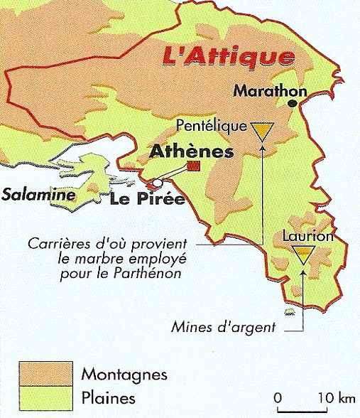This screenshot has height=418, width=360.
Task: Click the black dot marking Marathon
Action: point(292,104)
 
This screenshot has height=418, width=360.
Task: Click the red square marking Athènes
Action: point(193,167)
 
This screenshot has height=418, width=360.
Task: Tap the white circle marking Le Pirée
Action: point(157,183)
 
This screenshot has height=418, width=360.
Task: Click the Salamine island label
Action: point(29,194)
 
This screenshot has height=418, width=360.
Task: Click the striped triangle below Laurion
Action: point(303,254)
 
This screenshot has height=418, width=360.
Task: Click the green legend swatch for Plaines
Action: point(45,396)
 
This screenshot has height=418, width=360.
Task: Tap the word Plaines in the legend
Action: point(109,397)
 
